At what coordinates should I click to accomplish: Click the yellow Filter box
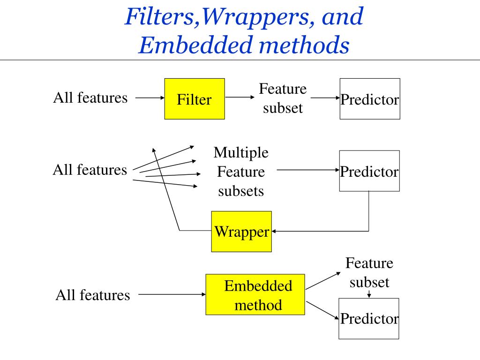[195, 99]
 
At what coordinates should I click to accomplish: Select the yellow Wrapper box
[241, 232]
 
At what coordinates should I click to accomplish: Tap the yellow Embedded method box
[255, 295]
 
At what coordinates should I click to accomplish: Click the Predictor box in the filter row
[370, 99]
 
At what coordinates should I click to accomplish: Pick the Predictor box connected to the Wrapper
[369, 171]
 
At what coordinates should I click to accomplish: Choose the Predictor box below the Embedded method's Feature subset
[369, 319]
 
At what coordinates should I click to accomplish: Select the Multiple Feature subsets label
[241, 172]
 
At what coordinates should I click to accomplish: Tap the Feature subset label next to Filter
[283, 98]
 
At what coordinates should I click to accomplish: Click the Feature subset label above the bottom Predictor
[369, 272]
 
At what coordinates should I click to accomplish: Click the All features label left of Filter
[90, 97]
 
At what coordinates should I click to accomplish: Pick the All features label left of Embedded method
[93, 295]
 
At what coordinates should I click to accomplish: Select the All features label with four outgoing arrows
[90, 169]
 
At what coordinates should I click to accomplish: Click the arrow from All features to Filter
[150, 98]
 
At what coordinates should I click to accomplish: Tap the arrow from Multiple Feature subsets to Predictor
[307, 170]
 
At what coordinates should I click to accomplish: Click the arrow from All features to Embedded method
[172, 295]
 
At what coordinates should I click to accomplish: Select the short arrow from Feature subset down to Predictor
[369, 294]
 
